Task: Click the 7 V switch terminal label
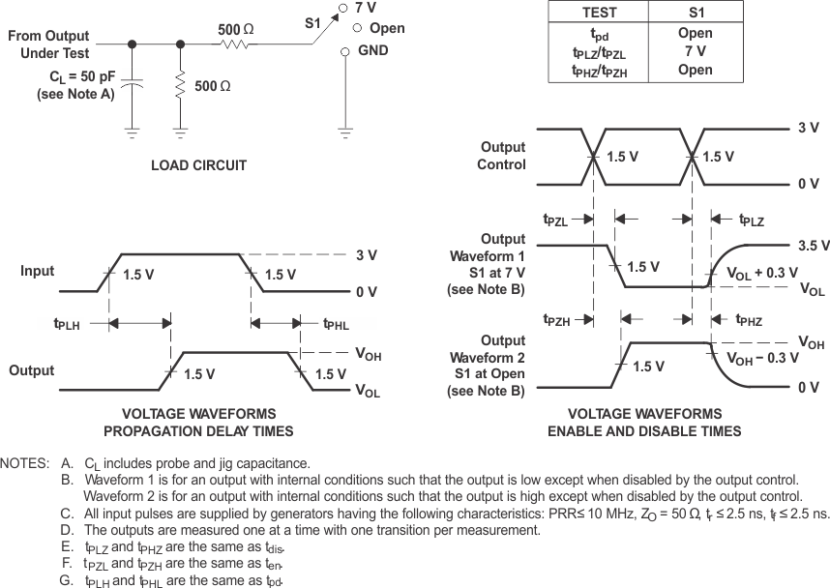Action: coord(366,8)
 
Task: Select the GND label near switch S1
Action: coord(372,50)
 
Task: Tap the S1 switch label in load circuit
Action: coord(315,20)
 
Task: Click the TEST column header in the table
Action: coord(600,14)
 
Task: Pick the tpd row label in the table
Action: coord(600,34)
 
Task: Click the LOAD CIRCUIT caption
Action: coord(198,165)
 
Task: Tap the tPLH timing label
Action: coord(67,324)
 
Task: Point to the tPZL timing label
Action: coord(556,220)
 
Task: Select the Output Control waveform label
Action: coord(503,156)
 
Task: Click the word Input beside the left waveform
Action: coord(37,272)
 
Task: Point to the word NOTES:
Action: coord(26,462)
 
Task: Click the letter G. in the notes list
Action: coord(67,580)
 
